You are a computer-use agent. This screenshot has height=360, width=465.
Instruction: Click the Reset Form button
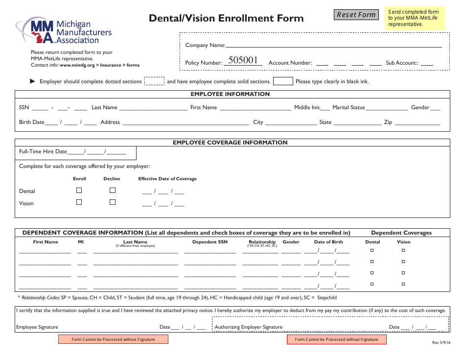tap(356, 15)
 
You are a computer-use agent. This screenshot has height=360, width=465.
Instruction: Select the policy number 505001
tap(243, 60)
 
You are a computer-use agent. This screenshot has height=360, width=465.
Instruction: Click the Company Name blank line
tap(333, 46)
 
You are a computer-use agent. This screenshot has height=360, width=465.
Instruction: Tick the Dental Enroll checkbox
tap(79, 190)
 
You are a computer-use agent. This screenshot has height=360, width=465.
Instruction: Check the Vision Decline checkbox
tap(113, 202)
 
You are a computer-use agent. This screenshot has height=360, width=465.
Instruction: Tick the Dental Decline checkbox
tap(113, 190)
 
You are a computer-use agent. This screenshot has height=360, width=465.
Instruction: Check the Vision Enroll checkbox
tap(79, 202)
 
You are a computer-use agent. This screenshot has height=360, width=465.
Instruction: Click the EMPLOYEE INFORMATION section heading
tap(230, 94)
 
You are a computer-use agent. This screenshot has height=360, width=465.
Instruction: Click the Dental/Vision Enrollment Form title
tap(226, 19)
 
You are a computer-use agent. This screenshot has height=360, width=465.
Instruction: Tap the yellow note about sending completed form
tap(415, 18)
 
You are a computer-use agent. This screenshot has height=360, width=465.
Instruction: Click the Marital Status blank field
tap(387, 108)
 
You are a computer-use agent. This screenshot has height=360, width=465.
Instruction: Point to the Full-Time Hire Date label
tap(43, 152)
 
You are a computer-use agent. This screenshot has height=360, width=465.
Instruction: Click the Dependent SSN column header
tap(209, 242)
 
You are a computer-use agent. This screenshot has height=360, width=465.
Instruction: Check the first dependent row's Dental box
tap(372, 250)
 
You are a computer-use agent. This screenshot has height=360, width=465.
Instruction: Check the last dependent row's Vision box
tap(403, 284)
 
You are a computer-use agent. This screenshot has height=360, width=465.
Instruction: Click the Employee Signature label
tap(37, 327)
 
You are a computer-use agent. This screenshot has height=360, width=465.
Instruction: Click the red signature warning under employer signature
tap(336, 339)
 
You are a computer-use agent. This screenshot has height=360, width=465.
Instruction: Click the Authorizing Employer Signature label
tap(249, 327)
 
